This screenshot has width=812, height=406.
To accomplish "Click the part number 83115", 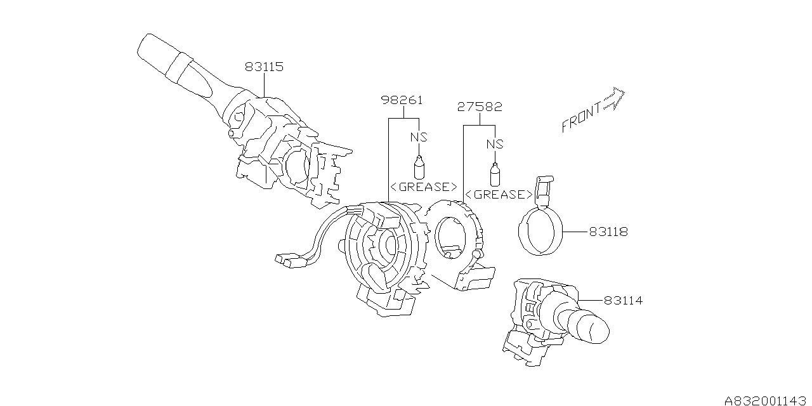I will click(x=264, y=66).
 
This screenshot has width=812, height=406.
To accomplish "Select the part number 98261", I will click(x=402, y=100).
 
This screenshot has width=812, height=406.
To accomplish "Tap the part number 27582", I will click(x=480, y=107).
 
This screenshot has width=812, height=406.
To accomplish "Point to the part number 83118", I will click(x=607, y=232).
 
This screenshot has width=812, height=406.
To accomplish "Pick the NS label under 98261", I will click(x=418, y=136).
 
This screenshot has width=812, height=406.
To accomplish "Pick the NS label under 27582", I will click(x=495, y=144).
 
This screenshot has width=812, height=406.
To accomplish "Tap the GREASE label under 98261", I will click(x=422, y=187).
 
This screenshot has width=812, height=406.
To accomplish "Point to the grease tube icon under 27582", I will click(x=494, y=174).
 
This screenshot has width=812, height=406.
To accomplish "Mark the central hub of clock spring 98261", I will click(x=385, y=244).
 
